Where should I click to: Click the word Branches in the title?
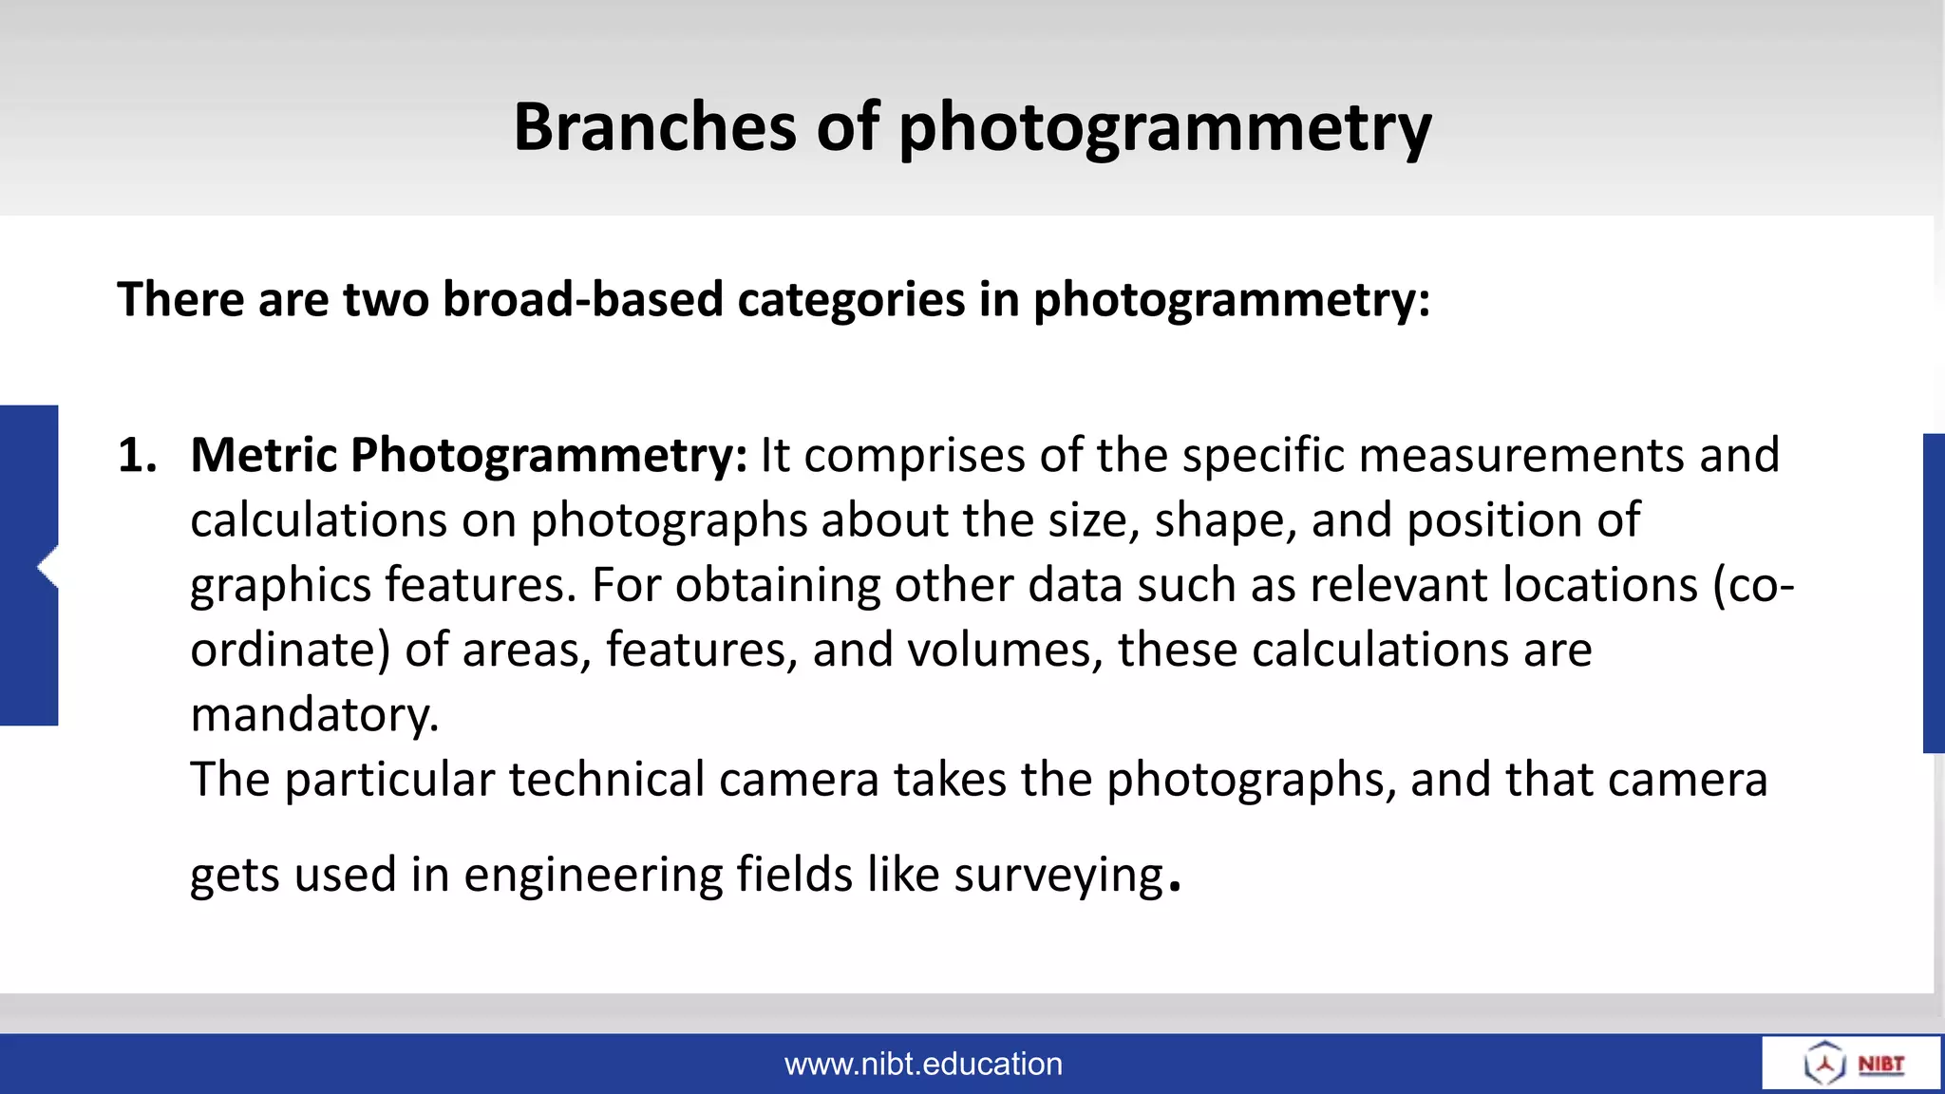point(654,126)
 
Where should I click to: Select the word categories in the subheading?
point(851,300)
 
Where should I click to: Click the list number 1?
point(136,455)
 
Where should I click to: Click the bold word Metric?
point(263,455)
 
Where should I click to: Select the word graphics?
point(280,586)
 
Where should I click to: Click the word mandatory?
point(314,715)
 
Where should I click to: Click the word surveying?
point(1058,876)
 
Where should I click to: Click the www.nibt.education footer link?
point(923,1065)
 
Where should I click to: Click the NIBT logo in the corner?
point(1853,1064)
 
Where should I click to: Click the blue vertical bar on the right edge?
point(1934,594)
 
